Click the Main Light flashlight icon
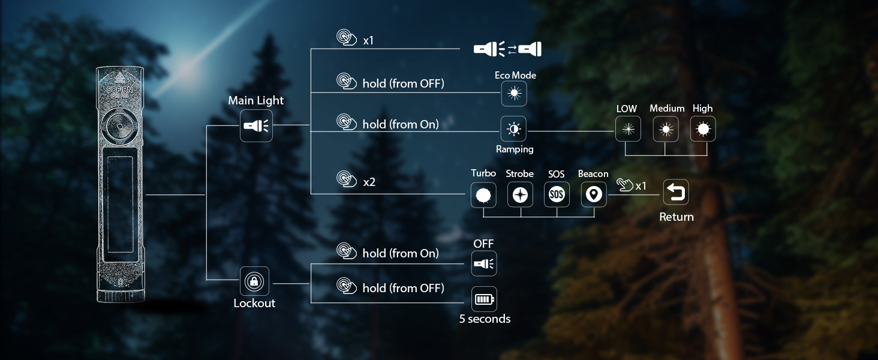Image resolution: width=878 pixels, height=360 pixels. [256, 126]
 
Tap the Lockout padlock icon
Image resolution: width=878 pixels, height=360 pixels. [254, 281]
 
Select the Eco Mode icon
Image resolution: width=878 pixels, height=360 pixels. [514, 94]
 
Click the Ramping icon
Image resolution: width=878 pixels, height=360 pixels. [513, 129]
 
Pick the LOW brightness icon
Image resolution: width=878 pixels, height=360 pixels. [628, 128]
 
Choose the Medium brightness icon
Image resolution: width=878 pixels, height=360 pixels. [665, 128]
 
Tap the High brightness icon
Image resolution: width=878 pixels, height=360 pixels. [703, 128]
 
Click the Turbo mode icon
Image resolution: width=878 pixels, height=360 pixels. [483, 194]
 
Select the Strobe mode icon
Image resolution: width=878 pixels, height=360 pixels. [520, 194]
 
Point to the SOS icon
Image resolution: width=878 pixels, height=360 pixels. [557, 194]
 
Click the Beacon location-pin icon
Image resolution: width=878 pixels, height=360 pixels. [593, 194]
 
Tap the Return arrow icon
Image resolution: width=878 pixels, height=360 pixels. [676, 193]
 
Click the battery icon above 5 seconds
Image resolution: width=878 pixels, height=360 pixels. [484, 299]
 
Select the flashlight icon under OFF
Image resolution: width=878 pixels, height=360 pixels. [483, 263]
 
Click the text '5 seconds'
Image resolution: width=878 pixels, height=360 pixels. [485, 319]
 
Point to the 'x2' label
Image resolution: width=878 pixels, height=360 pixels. [369, 182]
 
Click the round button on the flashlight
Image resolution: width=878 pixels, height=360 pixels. [119, 127]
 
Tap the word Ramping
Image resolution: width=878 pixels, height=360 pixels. [515, 149]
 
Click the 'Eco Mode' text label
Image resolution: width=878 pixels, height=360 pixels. [515, 76]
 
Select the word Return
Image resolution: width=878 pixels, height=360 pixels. [676, 217]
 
